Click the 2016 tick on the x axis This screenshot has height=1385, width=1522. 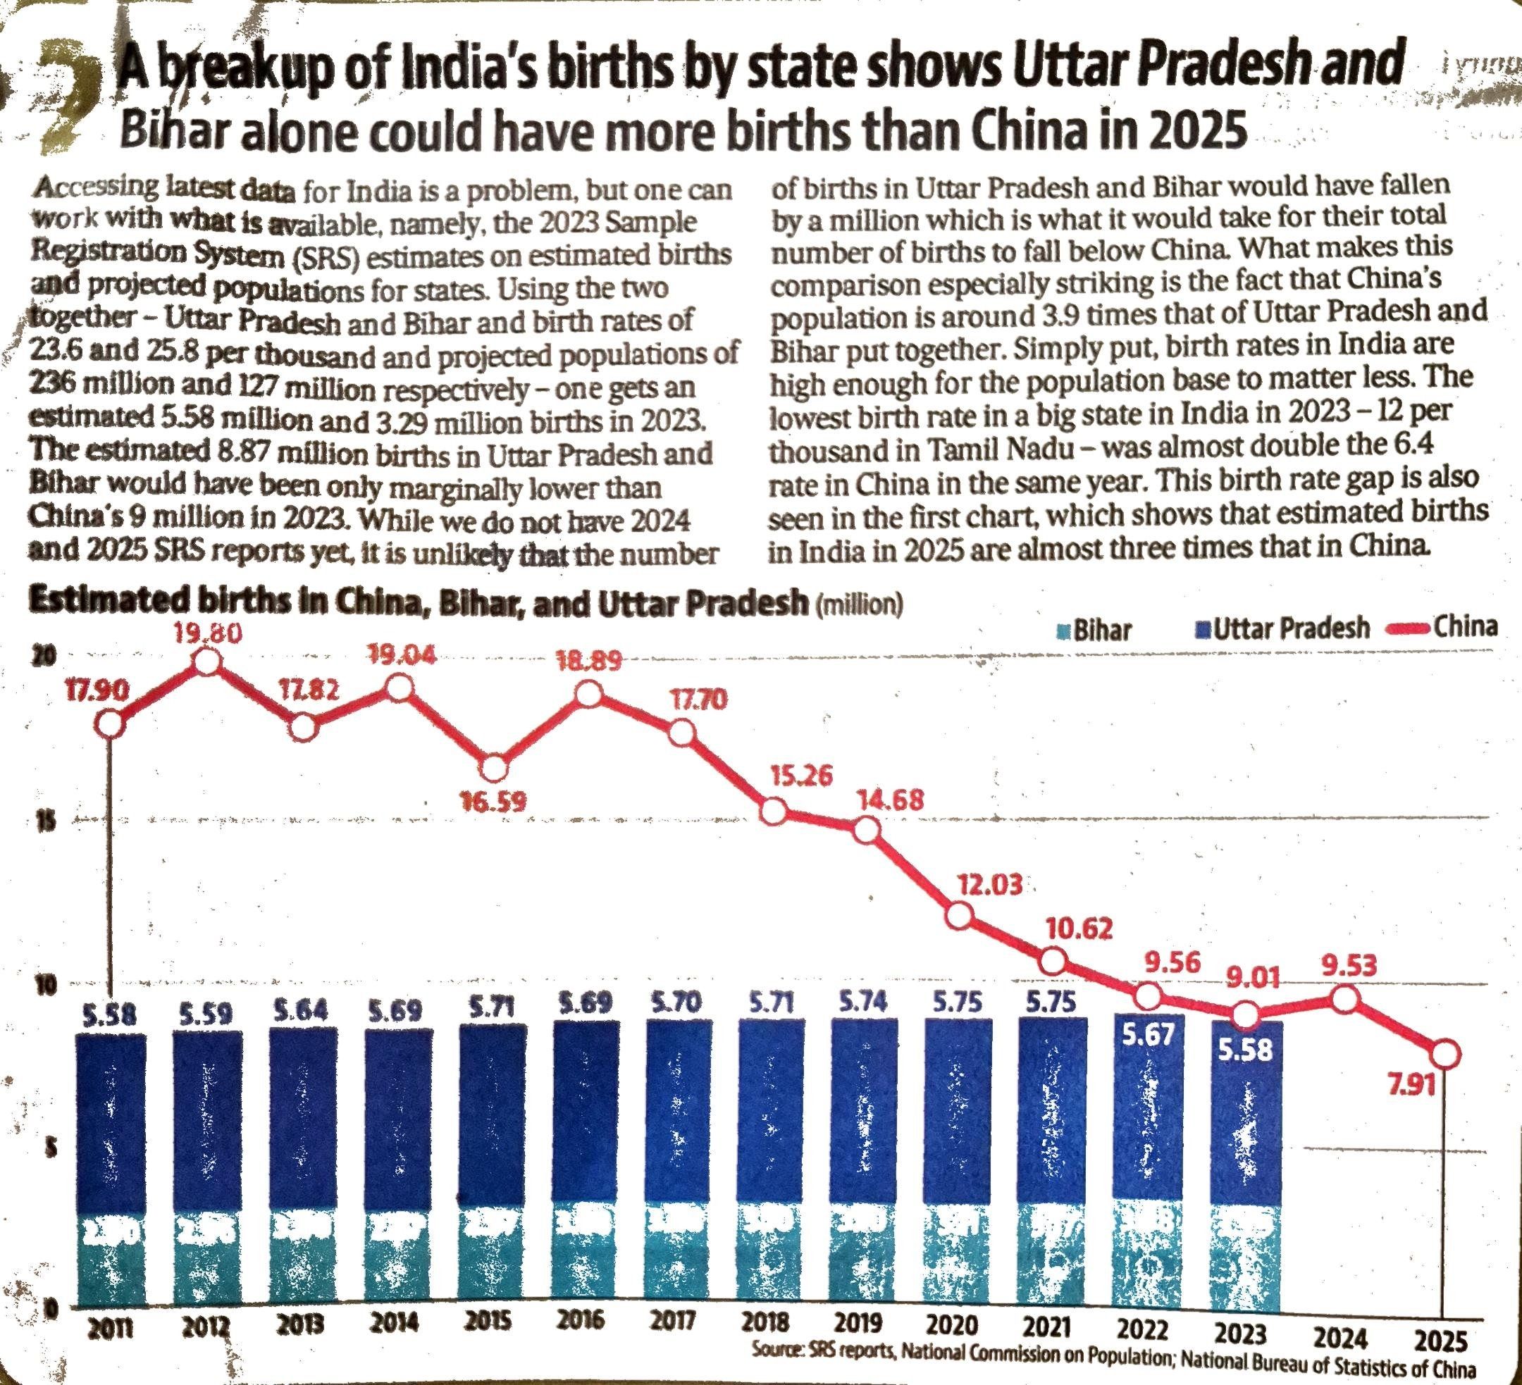pos(582,1341)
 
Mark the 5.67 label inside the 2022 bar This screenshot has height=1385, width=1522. pos(1147,1036)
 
